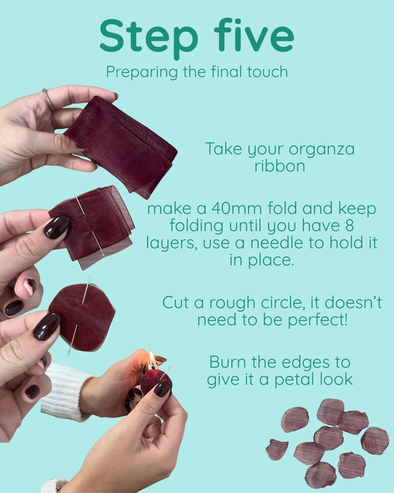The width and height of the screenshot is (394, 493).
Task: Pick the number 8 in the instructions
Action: pos(350,225)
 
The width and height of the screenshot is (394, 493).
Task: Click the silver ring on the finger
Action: pos(49,99)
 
